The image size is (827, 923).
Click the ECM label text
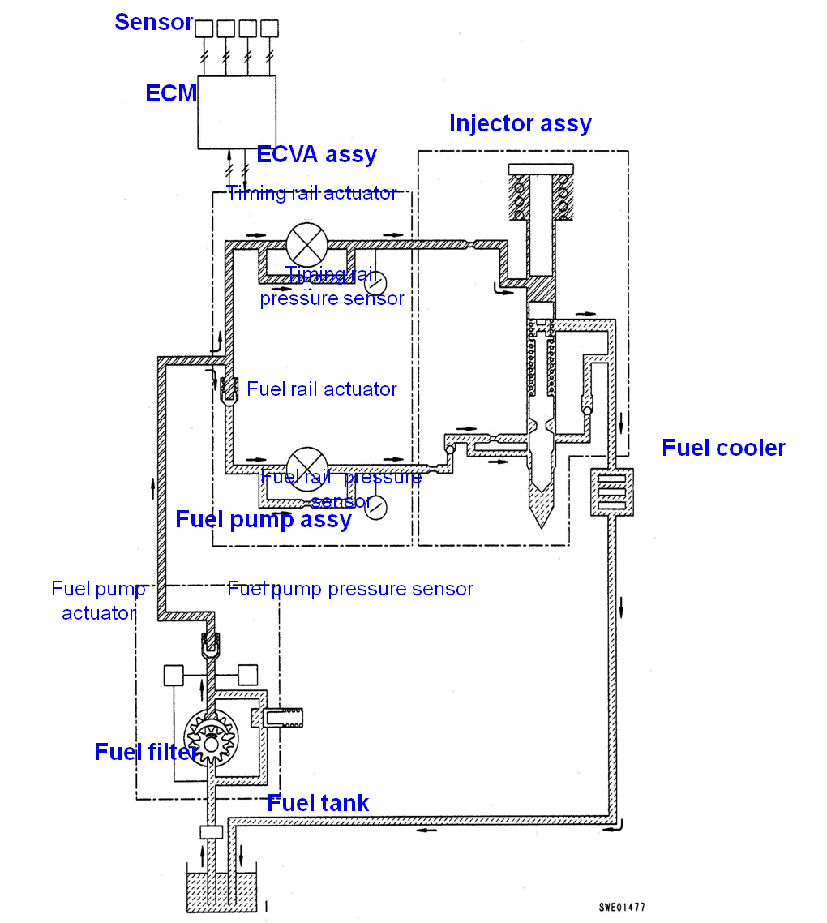pos(171,93)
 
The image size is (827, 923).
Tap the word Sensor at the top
pos(153,23)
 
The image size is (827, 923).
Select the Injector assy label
pos(520,123)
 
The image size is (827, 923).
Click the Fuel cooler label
pos(724,448)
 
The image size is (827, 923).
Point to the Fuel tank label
pos(318,803)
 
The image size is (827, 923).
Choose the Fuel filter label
pos(146,752)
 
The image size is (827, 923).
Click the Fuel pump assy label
pos(264,519)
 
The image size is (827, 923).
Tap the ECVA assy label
pos(316,154)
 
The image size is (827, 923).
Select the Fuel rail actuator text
pos(322,389)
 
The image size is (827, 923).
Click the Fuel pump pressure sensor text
pos(350,589)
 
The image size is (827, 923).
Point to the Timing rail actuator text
pos(312,193)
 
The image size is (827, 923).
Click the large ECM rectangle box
pos(237,113)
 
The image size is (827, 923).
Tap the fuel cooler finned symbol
pos(612,492)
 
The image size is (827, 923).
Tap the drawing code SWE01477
pos(622,908)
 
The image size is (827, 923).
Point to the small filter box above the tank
pos(211,832)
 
